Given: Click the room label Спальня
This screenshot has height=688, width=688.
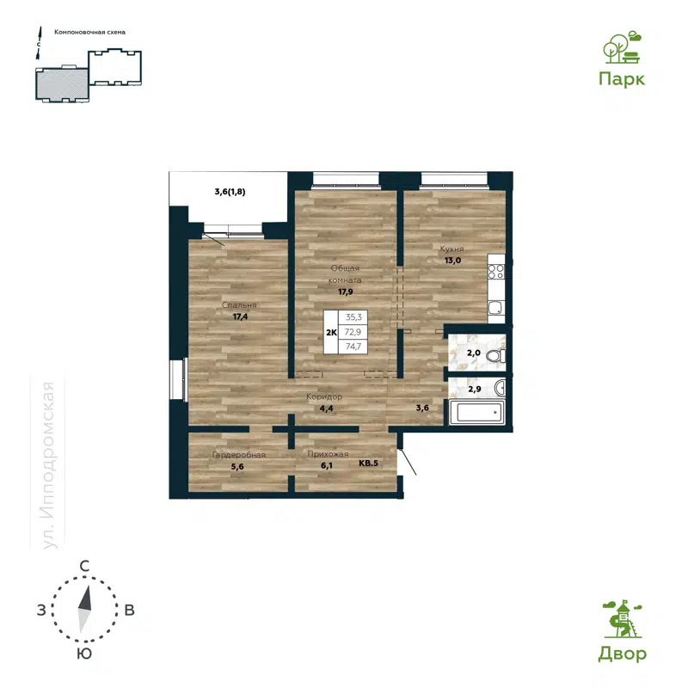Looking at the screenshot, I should point(239,305).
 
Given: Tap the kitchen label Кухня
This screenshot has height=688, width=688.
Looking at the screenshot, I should point(453,248).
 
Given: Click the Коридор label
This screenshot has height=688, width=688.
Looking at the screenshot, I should point(325,397).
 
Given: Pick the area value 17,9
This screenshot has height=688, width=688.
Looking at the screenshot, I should point(348,291).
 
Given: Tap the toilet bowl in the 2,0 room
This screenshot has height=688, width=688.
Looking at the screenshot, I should point(493,355).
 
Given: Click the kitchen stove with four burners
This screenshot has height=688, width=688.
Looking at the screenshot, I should point(496,273).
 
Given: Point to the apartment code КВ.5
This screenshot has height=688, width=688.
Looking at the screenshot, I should point(368,464).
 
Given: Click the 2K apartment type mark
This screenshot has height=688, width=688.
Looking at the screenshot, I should point(329,331).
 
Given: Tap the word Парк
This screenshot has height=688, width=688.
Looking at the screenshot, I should point(622,78).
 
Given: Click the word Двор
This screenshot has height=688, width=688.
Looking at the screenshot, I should point(622,654).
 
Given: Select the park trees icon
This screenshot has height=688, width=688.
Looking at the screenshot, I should point(621,48).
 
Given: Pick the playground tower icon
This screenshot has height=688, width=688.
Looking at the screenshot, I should point(621,620).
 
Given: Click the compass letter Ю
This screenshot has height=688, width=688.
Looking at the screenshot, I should point(84,654).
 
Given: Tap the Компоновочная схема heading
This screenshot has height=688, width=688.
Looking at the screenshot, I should point(89,32).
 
